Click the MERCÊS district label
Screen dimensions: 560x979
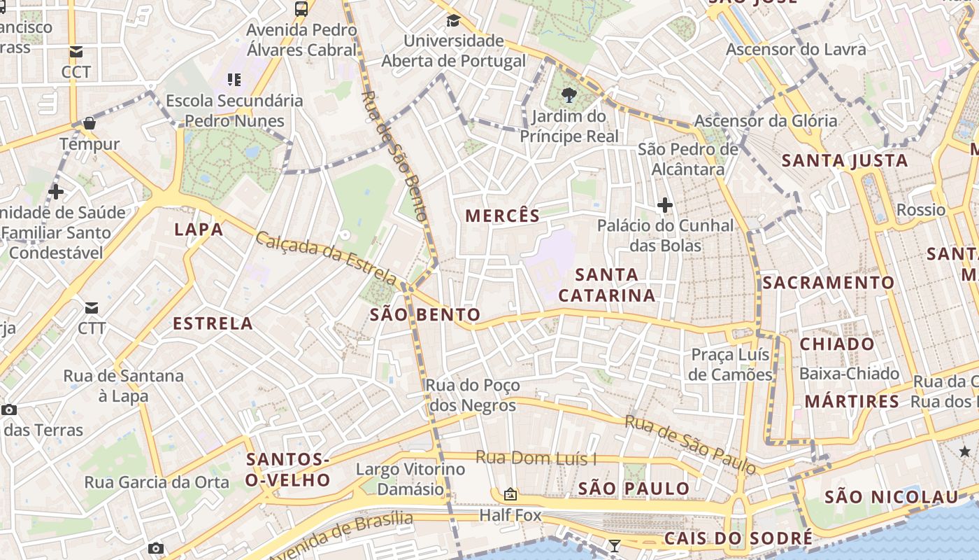pyautogui.click(x=503, y=216)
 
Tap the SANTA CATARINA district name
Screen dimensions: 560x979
pyautogui.click(x=607, y=285)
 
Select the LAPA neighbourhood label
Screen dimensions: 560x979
pyautogui.click(x=199, y=230)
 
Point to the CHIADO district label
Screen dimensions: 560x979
pyautogui.click(x=837, y=344)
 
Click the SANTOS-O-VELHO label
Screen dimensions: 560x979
pyautogui.click(x=288, y=470)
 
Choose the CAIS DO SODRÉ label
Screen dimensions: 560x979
pyautogui.click(x=738, y=538)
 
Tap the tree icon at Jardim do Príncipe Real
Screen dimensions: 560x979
pyautogui.click(x=569, y=95)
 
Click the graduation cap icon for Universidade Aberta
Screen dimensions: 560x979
pyautogui.click(x=453, y=20)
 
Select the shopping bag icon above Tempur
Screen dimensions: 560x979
pyautogui.click(x=89, y=124)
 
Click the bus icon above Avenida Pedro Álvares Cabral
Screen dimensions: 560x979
pyautogui.click(x=301, y=9)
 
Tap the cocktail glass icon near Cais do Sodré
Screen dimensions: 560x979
pyautogui.click(x=614, y=546)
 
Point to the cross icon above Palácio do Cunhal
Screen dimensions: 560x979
pyautogui.click(x=664, y=205)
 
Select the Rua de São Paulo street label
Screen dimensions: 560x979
pyautogui.click(x=689, y=444)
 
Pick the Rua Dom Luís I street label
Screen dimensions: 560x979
pyautogui.click(x=536, y=458)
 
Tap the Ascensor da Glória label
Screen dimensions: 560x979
pyautogui.click(x=765, y=121)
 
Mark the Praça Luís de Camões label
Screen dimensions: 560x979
pyautogui.click(x=730, y=365)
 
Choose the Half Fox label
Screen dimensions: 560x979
pyautogui.click(x=510, y=516)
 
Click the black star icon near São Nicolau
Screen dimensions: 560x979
pyautogui.click(x=965, y=451)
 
